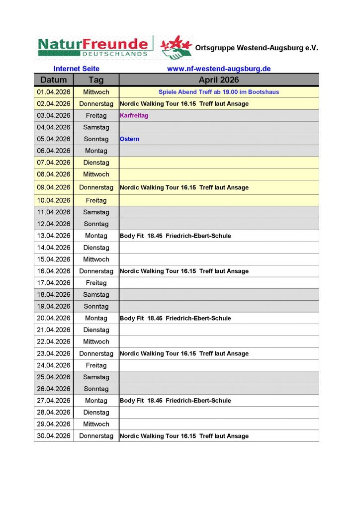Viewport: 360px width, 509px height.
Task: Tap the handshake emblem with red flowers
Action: pyautogui.click(x=177, y=47)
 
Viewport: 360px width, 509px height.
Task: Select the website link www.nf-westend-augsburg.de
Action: pyautogui.click(x=219, y=69)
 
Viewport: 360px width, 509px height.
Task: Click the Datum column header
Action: pyautogui.click(x=54, y=80)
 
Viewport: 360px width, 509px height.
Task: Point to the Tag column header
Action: pyautogui.click(x=96, y=80)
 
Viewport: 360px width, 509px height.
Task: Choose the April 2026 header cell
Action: pyautogui.click(x=219, y=80)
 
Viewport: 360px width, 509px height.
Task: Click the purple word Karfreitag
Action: pyautogui.click(x=134, y=115)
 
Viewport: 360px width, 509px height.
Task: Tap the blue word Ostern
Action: pyautogui.click(x=130, y=139)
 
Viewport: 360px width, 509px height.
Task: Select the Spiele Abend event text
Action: pyautogui.click(x=219, y=92)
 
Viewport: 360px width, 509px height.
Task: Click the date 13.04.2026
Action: pyautogui.click(x=54, y=236)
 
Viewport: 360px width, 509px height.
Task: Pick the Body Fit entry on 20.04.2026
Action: pyautogui.click(x=176, y=318)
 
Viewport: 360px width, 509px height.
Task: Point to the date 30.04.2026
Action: pyautogui.click(x=54, y=436)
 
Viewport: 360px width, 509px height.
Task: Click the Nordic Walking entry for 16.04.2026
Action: pyautogui.click(x=184, y=271)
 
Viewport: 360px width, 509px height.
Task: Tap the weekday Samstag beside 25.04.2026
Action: pyautogui.click(x=96, y=377)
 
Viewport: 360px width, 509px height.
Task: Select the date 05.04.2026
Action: pyautogui.click(x=54, y=139)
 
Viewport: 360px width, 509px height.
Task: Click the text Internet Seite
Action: pyautogui.click(x=77, y=69)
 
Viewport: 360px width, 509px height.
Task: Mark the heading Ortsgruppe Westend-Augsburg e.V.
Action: pyautogui.click(x=257, y=48)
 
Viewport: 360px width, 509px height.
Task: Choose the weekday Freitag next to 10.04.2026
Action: pyautogui.click(x=96, y=200)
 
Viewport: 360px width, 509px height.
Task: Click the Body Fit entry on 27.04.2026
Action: pyautogui.click(x=176, y=401)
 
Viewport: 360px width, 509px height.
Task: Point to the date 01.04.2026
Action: pyautogui.click(x=54, y=92)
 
